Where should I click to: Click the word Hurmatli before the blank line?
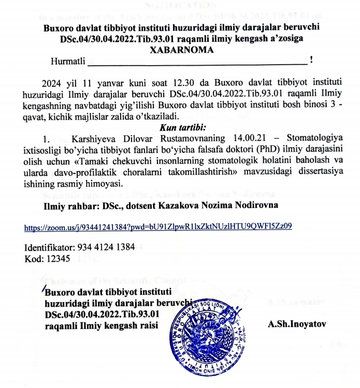click(x=68, y=62)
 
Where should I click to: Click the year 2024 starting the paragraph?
click(x=52, y=83)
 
